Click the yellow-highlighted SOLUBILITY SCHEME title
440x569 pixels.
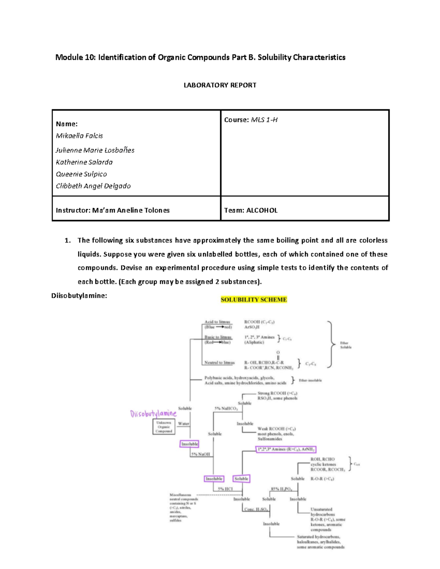coord(254,299)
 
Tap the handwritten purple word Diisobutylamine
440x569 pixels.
coord(153,414)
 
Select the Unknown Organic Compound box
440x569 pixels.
coord(164,427)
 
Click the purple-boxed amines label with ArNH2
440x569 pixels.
coord(286,449)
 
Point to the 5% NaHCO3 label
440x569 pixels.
coord(226,408)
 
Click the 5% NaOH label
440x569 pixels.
coord(201,454)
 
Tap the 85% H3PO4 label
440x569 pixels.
coord(281,489)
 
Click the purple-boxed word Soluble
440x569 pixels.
coord(241,479)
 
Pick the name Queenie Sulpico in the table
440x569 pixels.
coord(81,174)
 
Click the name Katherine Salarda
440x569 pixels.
coord(84,162)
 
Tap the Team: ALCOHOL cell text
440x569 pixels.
coord(251,210)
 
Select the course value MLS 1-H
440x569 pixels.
coord(264,120)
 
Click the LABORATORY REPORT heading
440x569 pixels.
coord(220,85)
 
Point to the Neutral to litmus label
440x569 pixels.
coord(219,363)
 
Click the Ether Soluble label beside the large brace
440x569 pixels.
coord(345,345)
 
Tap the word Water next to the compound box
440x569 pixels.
coord(183,424)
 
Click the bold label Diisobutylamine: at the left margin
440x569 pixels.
coord(79,296)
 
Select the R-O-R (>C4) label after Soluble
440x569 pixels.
coord(322,479)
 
